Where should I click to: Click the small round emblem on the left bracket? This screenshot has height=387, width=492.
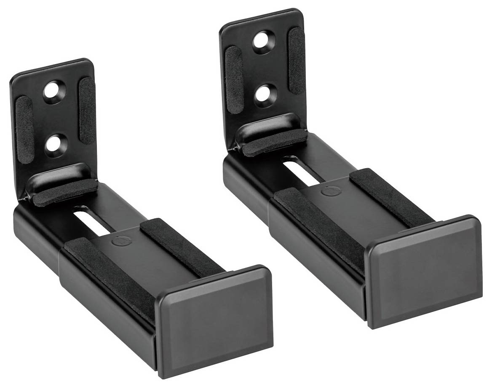(120, 242)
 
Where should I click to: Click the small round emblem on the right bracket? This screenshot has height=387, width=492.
(327, 191)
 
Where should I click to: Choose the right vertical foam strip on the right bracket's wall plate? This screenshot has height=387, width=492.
(295, 61)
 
